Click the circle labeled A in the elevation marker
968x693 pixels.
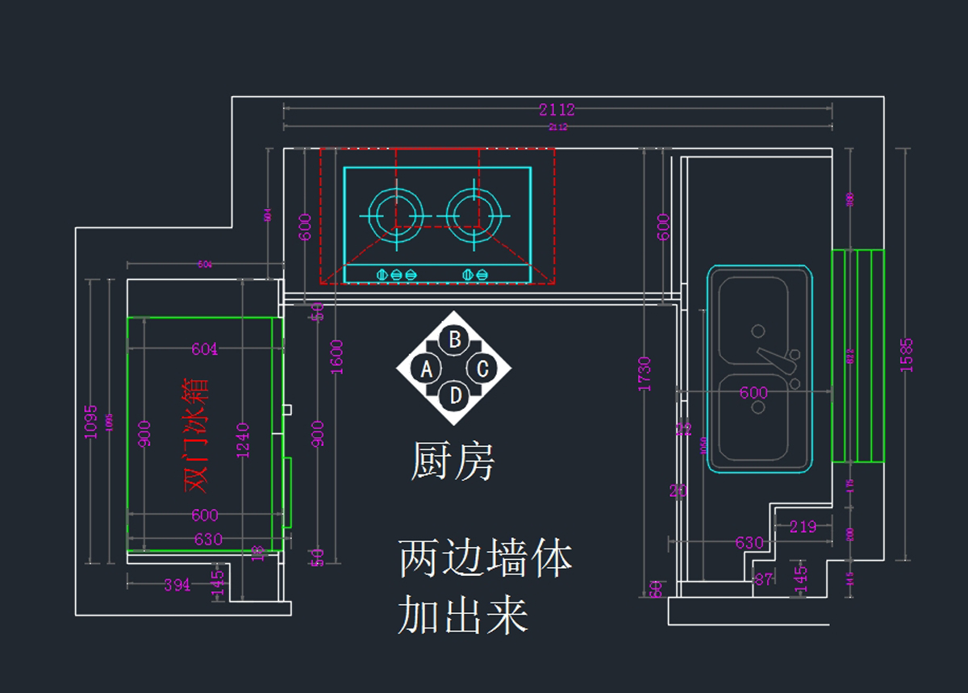pyautogui.click(x=427, y=369)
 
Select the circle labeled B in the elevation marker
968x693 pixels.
pyautogui.click(x=455, y=340)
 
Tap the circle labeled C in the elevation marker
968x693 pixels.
pyautogui.click(x=482, y=369)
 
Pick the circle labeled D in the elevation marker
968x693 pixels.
pyautogui.click(x=455, y=395)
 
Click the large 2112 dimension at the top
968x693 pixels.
pyautogui.click(x=557, y=110)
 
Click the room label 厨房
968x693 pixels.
pyautogui.click(x=453, y=461)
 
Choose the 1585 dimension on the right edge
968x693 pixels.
pyautogui.click(x=907, y=354)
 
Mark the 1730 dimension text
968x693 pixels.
pyautogui.click(x=645, y=373)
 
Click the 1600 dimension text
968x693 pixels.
pyautogui.click(x=337, y=357)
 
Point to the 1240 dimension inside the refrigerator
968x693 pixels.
pyautogui.click(x=243, y=440)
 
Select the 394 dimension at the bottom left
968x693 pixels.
pyautogui.click(x=177, y=584)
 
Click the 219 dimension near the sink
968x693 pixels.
pyautogui.click(x=803, y=527)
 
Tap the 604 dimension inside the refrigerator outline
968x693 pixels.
pyautogui.click(x=204, y=349)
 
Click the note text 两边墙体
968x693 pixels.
pyautogui.click(x=486, y=559)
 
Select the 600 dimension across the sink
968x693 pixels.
pyautogui.click(x=753, y=393)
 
